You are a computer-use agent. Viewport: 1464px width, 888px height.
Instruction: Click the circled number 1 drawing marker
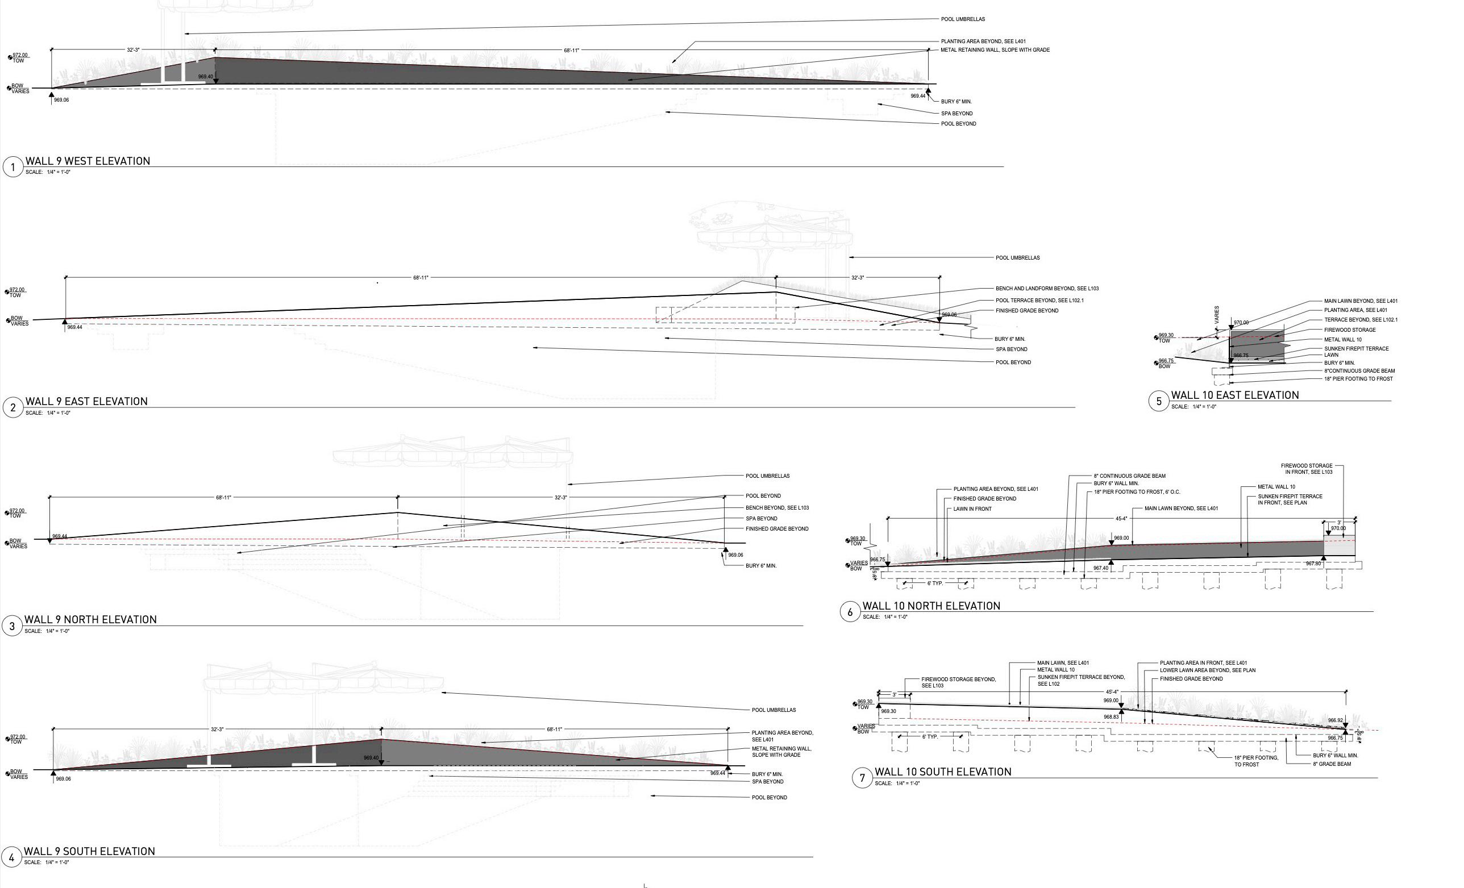coord(13,168)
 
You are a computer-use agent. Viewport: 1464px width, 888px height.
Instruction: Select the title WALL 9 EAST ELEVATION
coord(87,402)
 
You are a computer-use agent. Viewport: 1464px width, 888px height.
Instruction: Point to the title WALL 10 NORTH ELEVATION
coord(931,606)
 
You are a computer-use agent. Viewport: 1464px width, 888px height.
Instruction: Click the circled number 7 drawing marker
coord(862,778)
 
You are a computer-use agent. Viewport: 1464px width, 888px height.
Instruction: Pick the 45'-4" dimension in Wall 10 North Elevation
coord(1121,519)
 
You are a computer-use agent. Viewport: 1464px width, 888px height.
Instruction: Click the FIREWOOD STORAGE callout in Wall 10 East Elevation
coord(1349,330)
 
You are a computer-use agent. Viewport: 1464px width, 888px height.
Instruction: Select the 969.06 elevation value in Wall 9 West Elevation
coord(61,101)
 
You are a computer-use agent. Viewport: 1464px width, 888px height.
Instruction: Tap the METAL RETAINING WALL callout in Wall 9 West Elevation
coord(995,50)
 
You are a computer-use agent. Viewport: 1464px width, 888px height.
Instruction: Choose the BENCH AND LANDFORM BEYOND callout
coord(1047,289)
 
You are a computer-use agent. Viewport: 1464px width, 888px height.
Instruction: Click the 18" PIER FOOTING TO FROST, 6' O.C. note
coord(1137,492)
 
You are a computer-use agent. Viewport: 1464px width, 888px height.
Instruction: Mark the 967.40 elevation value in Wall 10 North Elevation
coord(1100,569)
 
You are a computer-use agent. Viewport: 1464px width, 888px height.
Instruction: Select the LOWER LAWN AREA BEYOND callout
coord(1207,670)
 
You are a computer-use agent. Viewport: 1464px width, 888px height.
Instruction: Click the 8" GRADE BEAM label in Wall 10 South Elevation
coord(1332,764)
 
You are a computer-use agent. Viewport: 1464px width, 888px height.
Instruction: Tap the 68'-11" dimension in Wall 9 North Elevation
coord(223,498)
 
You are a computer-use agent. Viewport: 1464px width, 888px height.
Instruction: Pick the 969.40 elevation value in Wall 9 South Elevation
coord(371,758)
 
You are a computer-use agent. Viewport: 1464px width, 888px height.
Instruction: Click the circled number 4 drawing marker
coord(11,857)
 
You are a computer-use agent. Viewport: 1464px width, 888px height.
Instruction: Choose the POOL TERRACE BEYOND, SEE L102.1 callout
coord(1039,301)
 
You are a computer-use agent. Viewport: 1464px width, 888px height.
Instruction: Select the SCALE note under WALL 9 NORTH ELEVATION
coord(47,631)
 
